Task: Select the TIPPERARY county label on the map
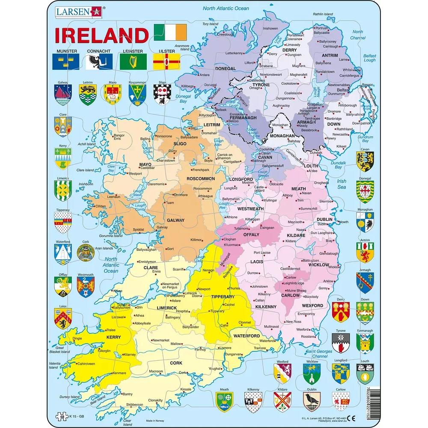click(x=223, y=296)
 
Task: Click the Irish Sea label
click(x=341, y=184)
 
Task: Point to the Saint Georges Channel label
click(x=319, y=354)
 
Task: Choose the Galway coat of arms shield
click(x=64, y=94)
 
